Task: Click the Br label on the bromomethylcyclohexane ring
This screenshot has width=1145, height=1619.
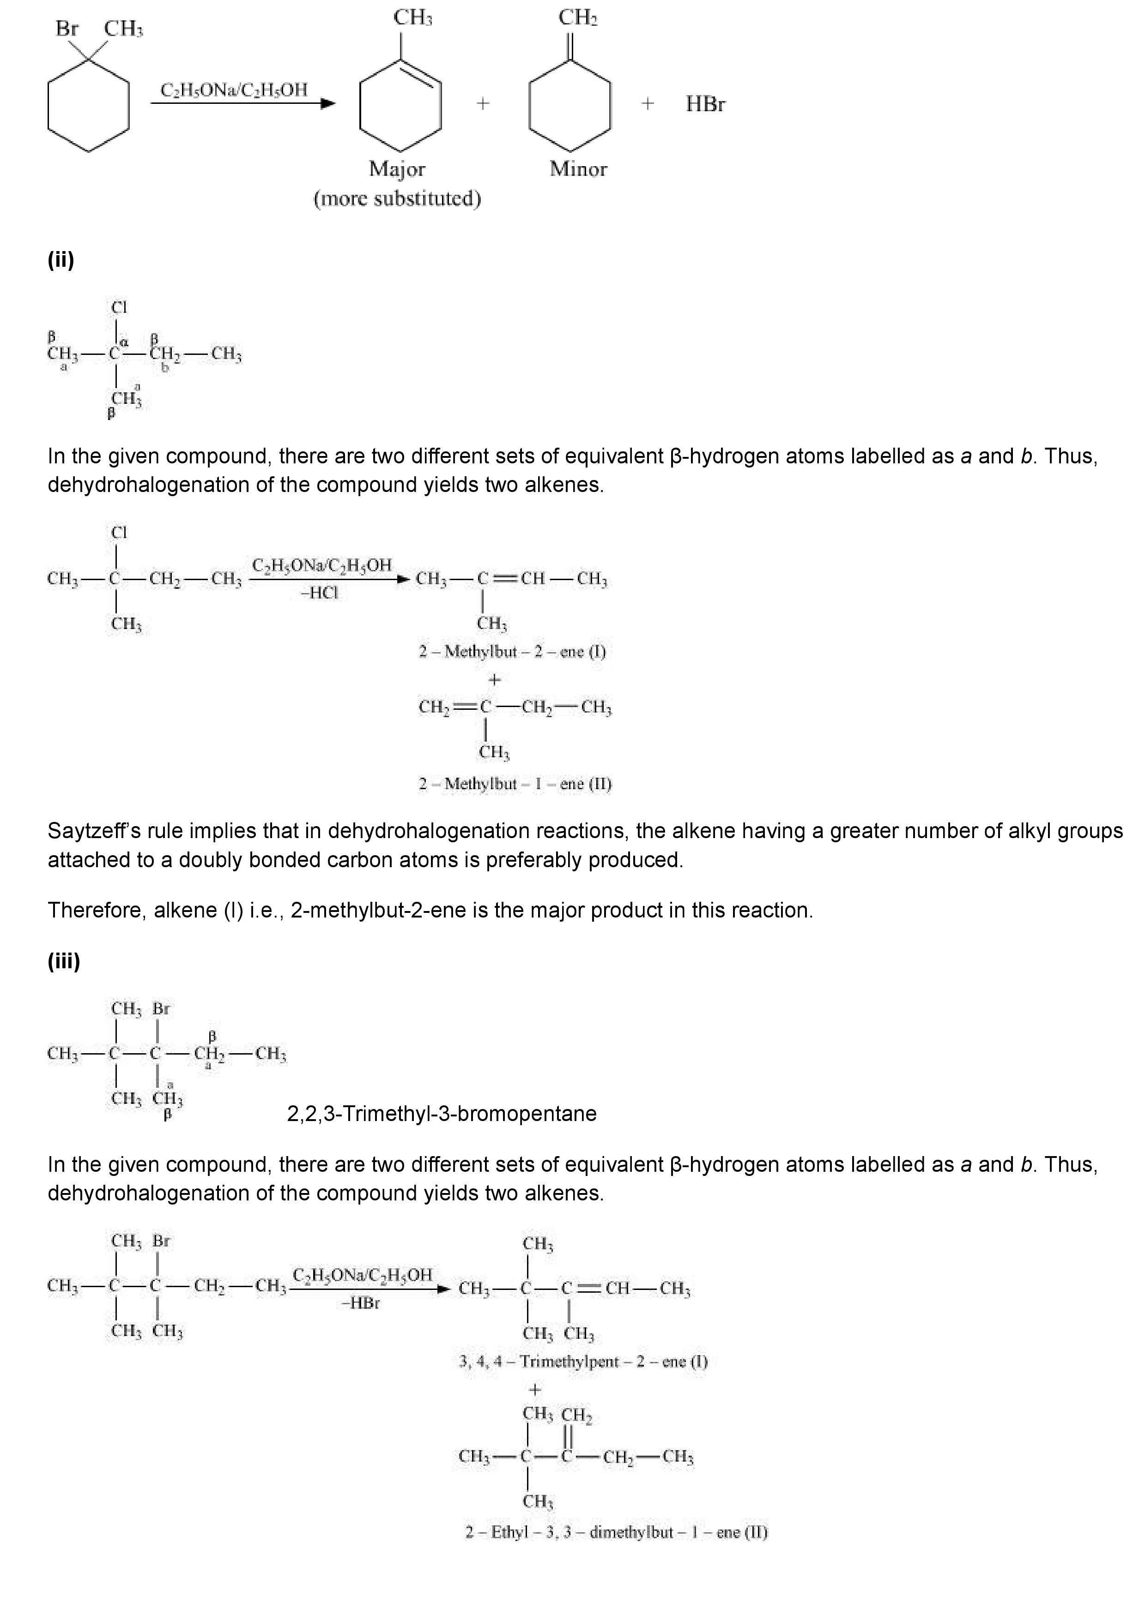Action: pyautogui.click(x=67, y=29)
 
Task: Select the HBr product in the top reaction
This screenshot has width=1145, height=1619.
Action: pyautogui.click(x=705, y=104)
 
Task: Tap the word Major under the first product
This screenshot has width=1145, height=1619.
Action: pyautogui.click(x=397, y=169)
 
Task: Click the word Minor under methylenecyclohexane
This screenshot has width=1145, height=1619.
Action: pyautogui.click(x=578, y=169)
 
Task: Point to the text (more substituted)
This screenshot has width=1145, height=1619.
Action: pyautogui.click(x=397, y=199)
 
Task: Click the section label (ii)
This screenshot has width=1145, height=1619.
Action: pyautogui.click(x=61, y=260)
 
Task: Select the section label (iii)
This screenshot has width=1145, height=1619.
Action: pyautogui.click(x=63, y=961)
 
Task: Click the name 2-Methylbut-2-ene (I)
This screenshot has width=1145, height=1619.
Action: pyautogui.click(x=512, y=652)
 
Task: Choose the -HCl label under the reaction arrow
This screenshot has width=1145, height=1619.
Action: pyautogui.click(x=320, y=593)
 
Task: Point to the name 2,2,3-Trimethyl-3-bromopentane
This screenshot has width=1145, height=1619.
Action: pyautogui.click(x=442, y=1114)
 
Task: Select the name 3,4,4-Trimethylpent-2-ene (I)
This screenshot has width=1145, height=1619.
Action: pyautogui.click(x=583, y=1361)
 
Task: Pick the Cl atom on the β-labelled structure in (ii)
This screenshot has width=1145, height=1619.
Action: pyautogui.click(x=119, y=307)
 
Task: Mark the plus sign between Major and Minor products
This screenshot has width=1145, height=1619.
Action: pyautogui.click(x=483, y=104)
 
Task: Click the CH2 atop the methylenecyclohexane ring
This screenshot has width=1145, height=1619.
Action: pyautogui.click(x=578, y=18)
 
